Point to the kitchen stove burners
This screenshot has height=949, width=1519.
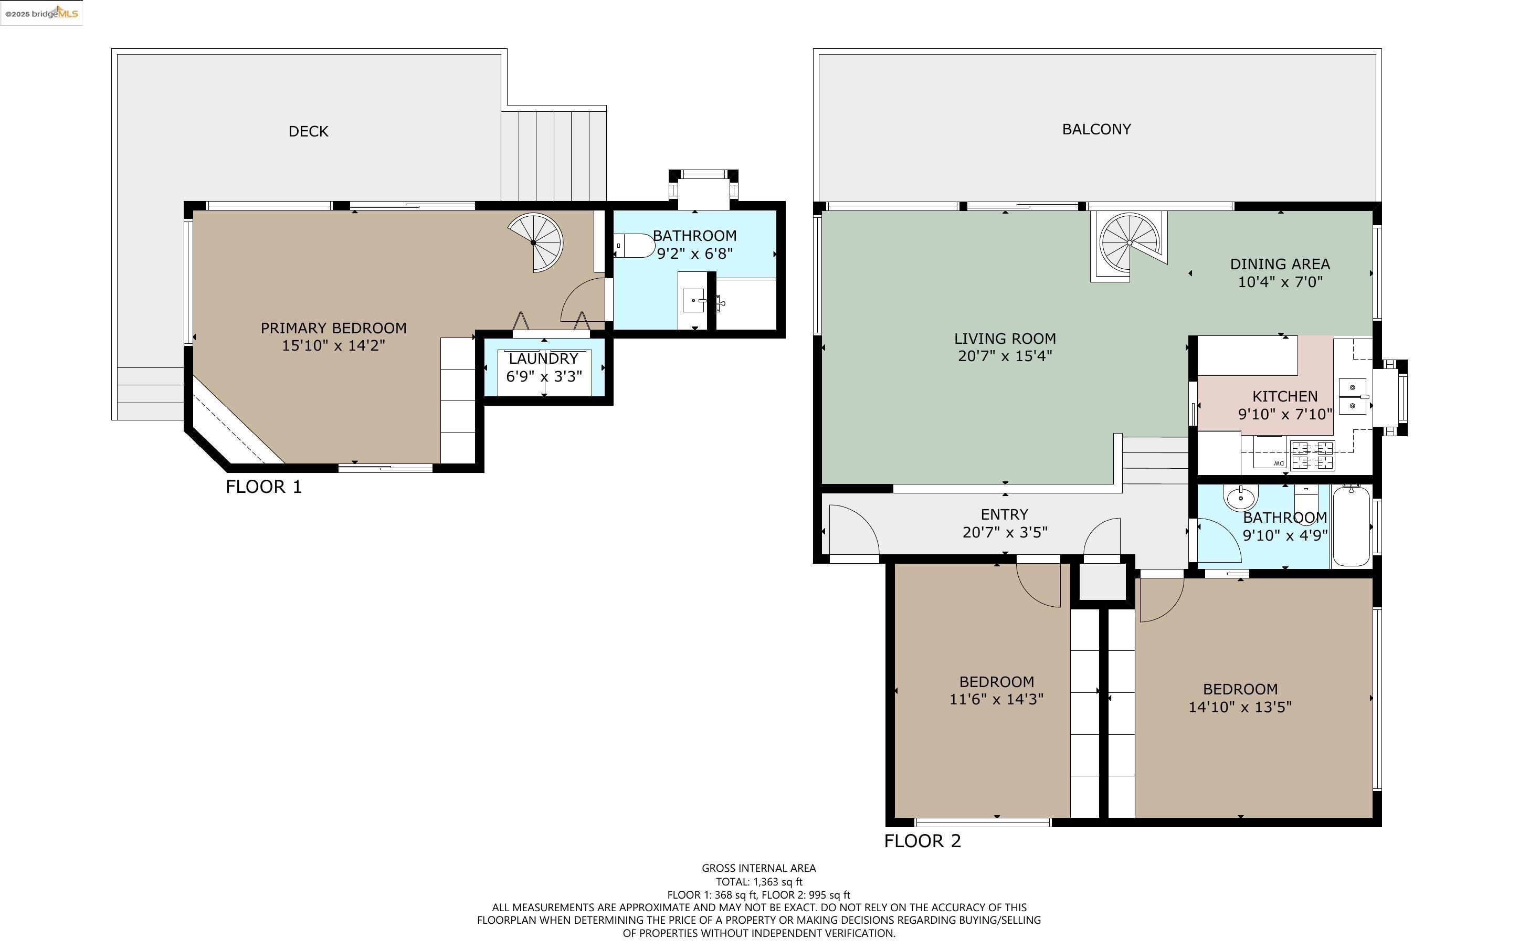point(1312,455)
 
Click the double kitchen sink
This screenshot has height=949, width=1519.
point(1352,396)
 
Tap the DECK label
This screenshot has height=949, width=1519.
point(308,131)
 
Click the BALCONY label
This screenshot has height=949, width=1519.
point(1096,129)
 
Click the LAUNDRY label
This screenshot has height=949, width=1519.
point(543,359)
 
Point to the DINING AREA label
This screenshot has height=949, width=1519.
point(1279,264)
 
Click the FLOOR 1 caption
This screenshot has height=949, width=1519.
point(263,487)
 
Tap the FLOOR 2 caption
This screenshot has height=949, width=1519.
point(922,841)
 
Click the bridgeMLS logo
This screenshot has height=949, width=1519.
point(41,13)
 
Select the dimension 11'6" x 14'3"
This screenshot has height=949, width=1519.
point(996,699)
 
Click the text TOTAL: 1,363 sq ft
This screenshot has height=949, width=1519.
point(758,882)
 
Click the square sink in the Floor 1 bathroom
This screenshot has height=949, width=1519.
point(693,301)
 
